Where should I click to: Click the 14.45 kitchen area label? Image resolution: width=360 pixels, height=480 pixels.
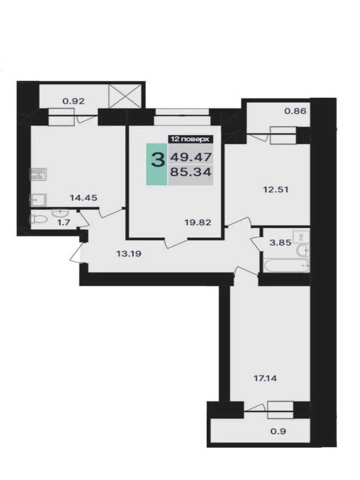(x=83, y=198)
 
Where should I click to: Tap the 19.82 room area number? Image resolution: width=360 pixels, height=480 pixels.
(x=198, y=222)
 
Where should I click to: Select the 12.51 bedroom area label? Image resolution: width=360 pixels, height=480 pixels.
(x=276, y=189)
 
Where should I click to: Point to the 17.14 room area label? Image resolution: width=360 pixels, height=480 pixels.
(x=265, y=378)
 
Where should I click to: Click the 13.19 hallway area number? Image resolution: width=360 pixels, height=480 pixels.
(x=129, y=254)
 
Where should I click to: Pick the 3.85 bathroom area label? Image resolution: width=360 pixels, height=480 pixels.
(x=280, y=243)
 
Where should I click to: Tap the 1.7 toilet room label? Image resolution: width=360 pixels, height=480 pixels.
(x=64, y=223)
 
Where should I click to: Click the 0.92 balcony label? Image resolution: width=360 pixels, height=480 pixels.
(x=74, y=101)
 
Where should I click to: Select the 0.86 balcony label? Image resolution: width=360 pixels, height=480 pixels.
(x=295, y=111)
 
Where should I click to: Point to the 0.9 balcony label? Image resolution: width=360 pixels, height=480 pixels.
(x=278, y=431)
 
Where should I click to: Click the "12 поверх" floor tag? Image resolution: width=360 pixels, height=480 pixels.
(x=190, y=139)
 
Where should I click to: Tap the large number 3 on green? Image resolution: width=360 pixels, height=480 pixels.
(x=158, y=160)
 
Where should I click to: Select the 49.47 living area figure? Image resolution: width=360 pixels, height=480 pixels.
(x=191, y=157)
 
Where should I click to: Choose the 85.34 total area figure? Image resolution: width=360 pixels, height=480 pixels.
(x=191, y=172)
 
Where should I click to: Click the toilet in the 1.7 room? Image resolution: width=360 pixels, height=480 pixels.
(x=38, y=219)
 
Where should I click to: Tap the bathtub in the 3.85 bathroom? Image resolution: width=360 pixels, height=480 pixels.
(x=286, y=265)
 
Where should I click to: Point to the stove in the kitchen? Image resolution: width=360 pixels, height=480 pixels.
(x=38, y=174)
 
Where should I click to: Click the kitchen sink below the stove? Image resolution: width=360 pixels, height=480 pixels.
(x=38, y=200)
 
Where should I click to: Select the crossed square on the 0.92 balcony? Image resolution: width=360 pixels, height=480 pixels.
(x=125, y=96)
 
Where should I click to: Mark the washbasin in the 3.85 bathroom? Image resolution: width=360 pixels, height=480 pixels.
(x=303, y=251)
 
